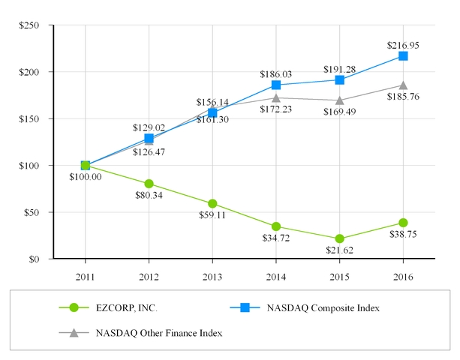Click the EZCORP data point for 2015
tap(339, 238)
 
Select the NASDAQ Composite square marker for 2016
tap(403, 56)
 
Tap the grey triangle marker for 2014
tap(276, 97)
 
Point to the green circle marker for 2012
tap(149, 184)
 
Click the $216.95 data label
tap(404, 45)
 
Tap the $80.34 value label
tap(150, 196)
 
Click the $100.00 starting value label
tap(86, 177)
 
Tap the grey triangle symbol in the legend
tap(74, 331)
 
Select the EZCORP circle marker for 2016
tap(403, 223)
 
